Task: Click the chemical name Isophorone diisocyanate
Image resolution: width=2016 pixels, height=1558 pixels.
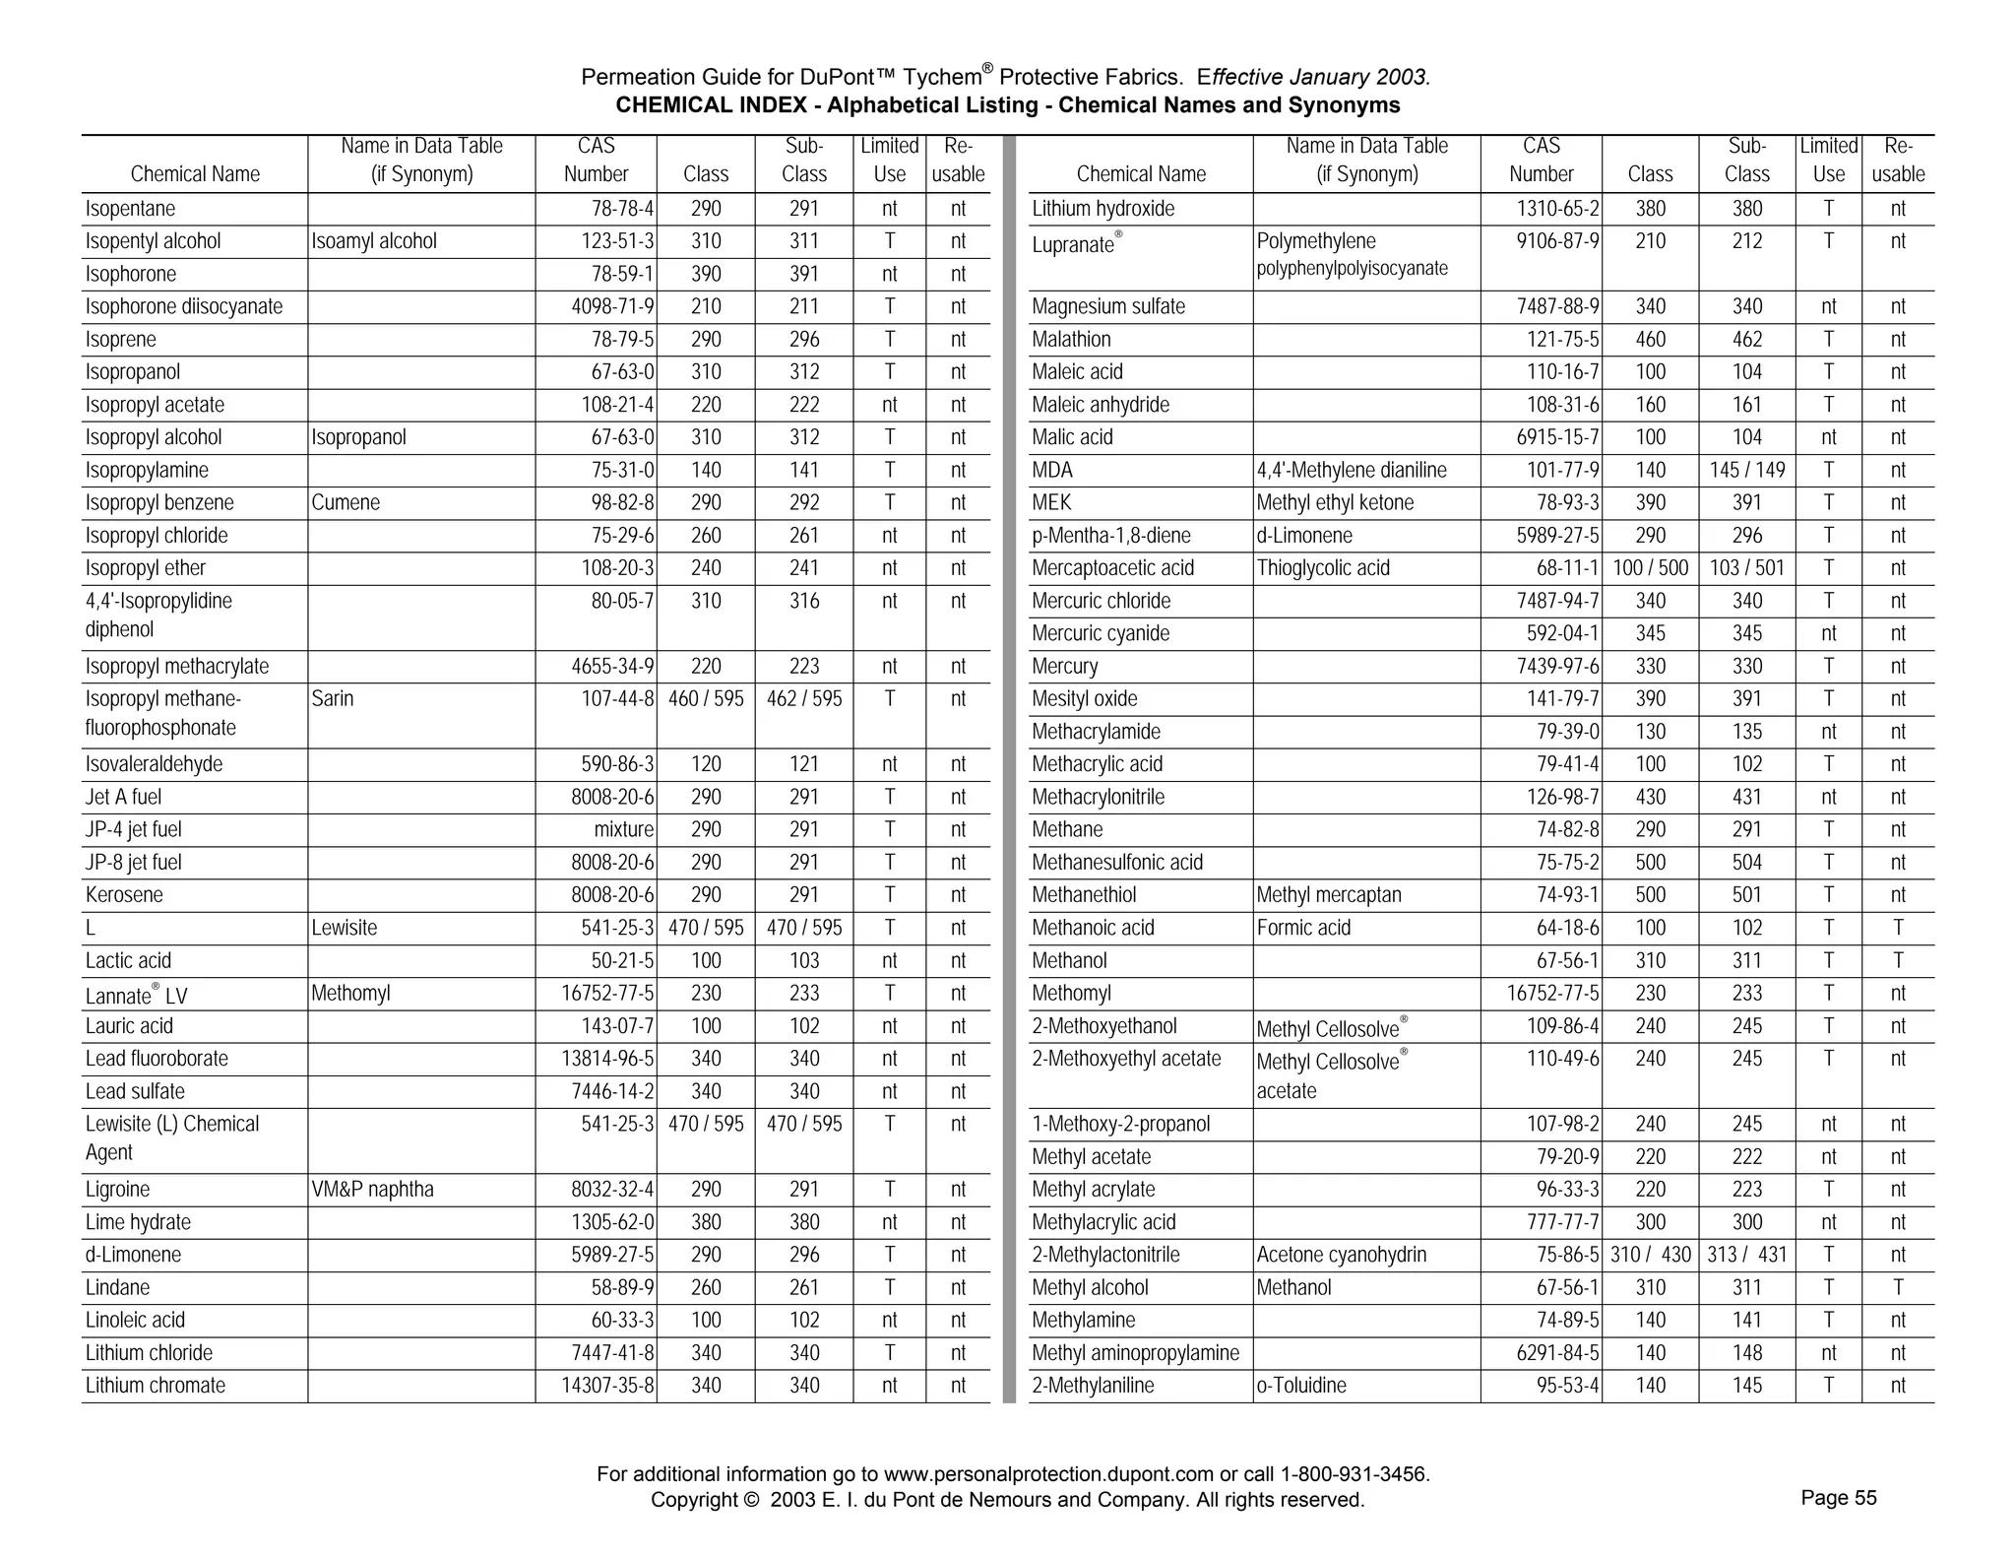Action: click(x=184, y=307)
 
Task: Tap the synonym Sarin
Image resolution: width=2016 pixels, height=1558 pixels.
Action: click(x=333, y=699)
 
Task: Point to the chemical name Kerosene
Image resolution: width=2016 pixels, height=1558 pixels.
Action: click(x=124, y=895)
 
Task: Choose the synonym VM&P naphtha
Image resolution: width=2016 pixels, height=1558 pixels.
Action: click(x=372, y=1190)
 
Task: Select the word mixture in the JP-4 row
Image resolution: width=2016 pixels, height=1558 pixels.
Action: click(x=624, y=830)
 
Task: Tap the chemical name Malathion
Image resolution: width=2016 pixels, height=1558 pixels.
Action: click(x=1071, y=340)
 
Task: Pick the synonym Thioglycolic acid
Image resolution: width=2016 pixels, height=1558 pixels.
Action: click(x=1323, y=568)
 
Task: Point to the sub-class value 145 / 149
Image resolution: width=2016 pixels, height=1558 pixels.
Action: click(x=1747, y=471)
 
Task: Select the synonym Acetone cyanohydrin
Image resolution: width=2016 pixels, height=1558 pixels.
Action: click(x=1342, y=1255)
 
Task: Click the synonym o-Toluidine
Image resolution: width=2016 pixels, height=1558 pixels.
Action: click(x=1301, y=1386)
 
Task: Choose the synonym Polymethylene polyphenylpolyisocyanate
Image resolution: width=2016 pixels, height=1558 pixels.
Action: click(x=1352, y=255)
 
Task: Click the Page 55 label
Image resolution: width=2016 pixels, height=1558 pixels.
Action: click(x=1839, y=1498)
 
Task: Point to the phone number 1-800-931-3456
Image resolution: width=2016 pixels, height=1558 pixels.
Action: click(x=1354, y=1474)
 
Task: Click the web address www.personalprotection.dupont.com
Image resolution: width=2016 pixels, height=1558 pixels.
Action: click(x=1048, y=1474)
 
